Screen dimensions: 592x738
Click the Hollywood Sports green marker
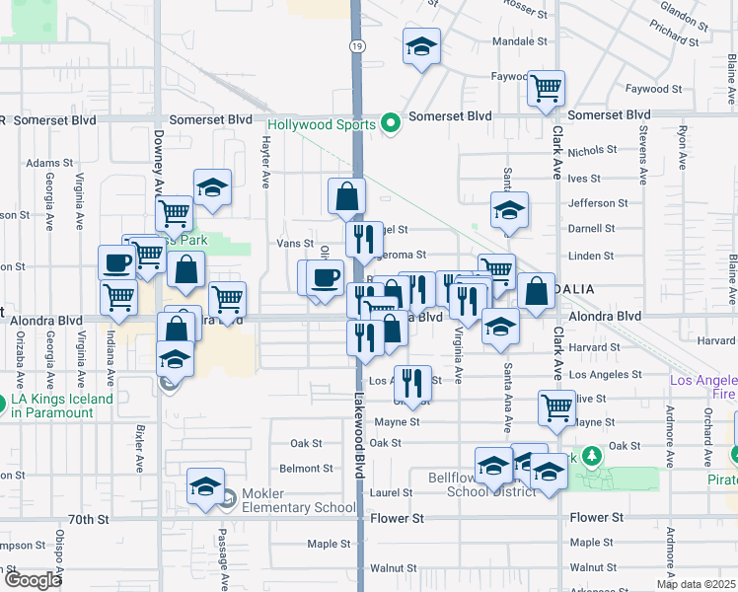pos(391,123)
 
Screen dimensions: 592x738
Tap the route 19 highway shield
pos(357,46)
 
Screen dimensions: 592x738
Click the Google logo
pos(32,580)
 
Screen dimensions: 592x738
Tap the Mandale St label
pos(519,42)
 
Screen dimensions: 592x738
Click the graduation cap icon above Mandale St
pos(421,45)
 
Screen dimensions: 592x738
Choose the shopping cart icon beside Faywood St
pos(546,88)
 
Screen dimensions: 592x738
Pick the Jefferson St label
pos(591,203)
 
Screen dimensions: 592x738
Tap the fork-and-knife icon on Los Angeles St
pos(411,381)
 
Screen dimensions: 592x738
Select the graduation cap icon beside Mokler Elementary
pos(206,487)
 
